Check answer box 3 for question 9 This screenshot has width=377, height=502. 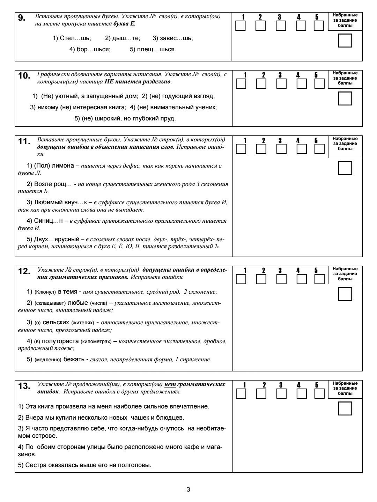(281, 26)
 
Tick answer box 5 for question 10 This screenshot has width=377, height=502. (319, 84)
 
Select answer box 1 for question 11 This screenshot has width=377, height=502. (241, 149)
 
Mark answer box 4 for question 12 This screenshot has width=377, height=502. (301, 279)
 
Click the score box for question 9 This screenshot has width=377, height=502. (345, 40)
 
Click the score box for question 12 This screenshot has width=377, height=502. (345, 294)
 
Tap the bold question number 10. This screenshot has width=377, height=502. (24, 76)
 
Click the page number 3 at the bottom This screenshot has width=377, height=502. (188, 489)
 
